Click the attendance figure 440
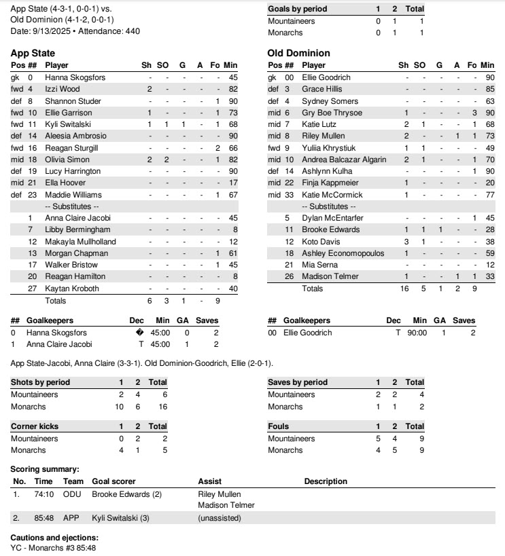[x=132, y=31]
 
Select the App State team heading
[x=33, y=53]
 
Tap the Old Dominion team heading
[x=298, y=53]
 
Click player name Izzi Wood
[x=63, y=89]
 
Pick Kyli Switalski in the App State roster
[x=68, y=124]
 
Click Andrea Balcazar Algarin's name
[x=344, y=160]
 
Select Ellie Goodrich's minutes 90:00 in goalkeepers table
[x=419, y=333]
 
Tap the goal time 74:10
[x=43, y=494]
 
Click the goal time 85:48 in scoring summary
[x=43, y=518]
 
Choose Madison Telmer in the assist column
[x=226, y=505]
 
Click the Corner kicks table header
[x=34, y=426]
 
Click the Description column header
[x=326, y=481]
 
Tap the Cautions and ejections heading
[x=50, y=537]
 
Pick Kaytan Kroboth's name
[x=71, y=289]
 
